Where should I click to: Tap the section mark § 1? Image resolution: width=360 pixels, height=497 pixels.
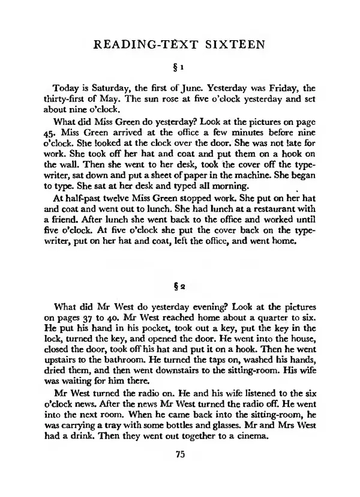coord(181,65)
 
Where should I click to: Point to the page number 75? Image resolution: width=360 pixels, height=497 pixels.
coord(181,454)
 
